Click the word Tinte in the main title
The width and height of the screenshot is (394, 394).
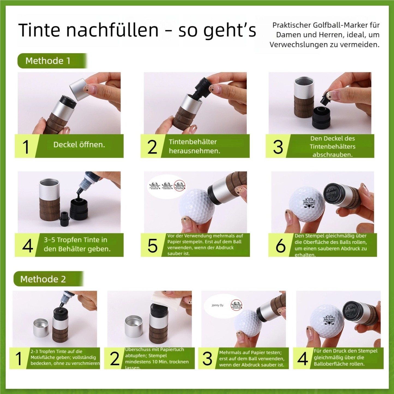39,30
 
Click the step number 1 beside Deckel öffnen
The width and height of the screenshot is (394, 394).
26,147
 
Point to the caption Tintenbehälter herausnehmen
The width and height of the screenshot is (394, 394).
194,146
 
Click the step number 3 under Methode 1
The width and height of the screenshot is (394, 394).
278,147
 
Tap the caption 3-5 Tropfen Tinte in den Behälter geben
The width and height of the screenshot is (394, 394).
77,244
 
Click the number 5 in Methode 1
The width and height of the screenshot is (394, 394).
152,246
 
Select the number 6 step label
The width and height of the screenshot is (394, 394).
280,246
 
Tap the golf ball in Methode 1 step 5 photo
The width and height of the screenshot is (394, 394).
197,206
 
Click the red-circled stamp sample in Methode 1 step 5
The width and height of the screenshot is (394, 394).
180,185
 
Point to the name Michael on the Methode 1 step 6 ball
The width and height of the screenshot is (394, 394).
309,202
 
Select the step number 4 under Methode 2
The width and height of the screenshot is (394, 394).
303,358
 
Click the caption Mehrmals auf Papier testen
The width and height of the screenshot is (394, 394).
250,353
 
